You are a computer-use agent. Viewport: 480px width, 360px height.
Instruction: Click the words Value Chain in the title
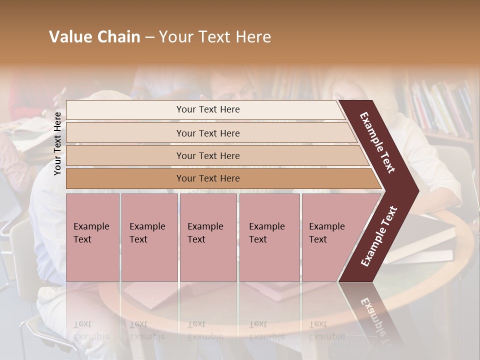[94, 37]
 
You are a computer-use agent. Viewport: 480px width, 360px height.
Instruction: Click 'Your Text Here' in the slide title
[215, 37]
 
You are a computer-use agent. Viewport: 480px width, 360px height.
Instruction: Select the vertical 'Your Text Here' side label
[57, 143]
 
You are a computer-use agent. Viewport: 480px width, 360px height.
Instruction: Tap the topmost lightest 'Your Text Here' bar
[207, 109]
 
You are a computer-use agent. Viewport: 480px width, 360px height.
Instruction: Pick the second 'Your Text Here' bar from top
[207, 133]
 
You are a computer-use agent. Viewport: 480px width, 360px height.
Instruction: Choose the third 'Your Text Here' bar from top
[207, 155]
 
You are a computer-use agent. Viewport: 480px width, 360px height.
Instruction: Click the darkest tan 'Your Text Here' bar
[207, 178]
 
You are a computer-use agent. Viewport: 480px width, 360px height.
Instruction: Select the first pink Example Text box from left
[92, 237]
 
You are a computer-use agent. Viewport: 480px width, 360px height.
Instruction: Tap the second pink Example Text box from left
[149, 237]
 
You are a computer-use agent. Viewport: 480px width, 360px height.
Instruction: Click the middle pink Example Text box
[208, 237]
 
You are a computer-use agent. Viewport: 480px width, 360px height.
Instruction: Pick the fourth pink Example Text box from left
[269, 237]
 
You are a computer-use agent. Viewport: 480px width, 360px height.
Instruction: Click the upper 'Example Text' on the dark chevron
[377, 142]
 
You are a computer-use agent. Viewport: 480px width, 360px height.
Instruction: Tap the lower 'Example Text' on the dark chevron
[379, 236]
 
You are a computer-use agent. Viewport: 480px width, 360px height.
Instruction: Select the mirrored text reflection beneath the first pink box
[91, 330]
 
